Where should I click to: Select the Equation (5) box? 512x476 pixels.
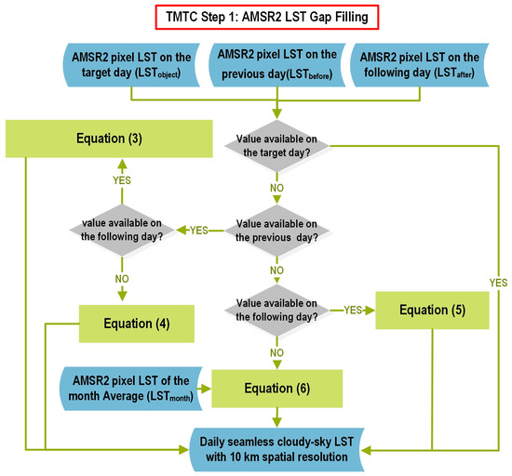click(433, 309)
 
